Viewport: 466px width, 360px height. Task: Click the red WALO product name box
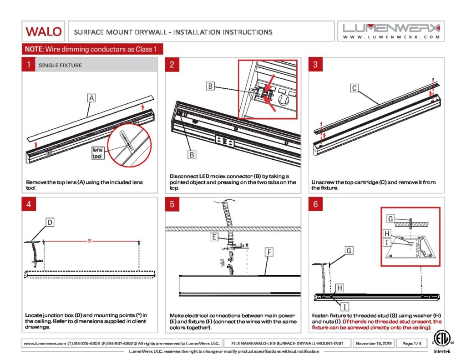coord(43,31)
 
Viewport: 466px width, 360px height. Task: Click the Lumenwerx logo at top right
coord(391,31)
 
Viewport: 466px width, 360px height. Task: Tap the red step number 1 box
coord(28,65)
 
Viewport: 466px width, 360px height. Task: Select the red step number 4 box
coord(28,204)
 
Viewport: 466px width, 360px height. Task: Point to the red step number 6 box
coord(315,204)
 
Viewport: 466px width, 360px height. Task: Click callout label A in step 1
coord(91,98)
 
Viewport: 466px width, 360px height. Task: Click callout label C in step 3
coord(355,88)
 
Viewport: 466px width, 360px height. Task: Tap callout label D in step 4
coord(51,222)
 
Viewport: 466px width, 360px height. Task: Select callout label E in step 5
coord(213,237)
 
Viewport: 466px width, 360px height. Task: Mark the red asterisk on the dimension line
coord(90,241)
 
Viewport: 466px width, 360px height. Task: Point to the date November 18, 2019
coord(373,343)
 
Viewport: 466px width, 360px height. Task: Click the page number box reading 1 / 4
coord(412,343)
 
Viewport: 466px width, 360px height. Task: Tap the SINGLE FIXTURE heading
coord(60,66)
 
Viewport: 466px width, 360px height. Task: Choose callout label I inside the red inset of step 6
coord(387,243)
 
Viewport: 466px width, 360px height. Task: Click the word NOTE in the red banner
coord(33,49)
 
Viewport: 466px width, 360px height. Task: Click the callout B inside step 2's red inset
coord(210,86)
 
